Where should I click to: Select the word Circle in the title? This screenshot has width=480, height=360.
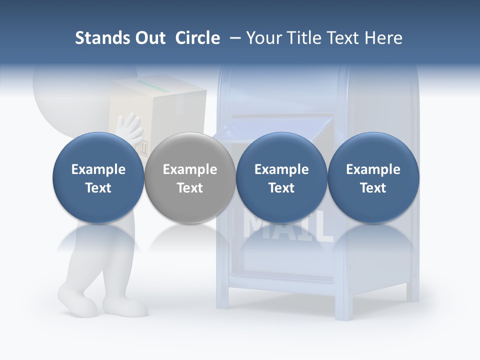pos(197,38)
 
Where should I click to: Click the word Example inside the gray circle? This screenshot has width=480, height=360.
pos(190,169)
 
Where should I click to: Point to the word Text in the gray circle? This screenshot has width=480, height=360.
pos(190,188)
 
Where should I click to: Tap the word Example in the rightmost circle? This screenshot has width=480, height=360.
pos(373,169)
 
